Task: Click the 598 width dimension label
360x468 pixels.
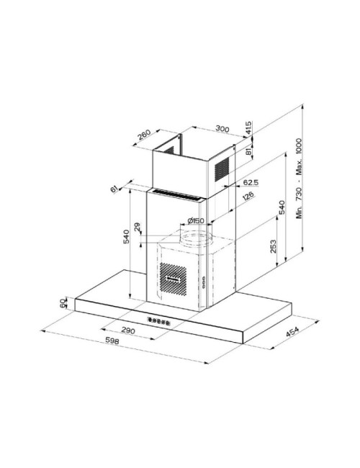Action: [x=112, y=341]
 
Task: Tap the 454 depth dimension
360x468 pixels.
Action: [x=292, y=331]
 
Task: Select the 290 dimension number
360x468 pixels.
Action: [x=128, y=330]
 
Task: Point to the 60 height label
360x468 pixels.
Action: [x=63, y=303]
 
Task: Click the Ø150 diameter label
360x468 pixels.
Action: [x=196, y=221]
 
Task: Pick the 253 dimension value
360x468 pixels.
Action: [x=273, y=246]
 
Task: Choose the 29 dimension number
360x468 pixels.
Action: [x=138, y=227]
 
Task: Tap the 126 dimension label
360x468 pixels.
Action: [x=248, y=197]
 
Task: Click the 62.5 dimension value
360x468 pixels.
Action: [x=251, y=182]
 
